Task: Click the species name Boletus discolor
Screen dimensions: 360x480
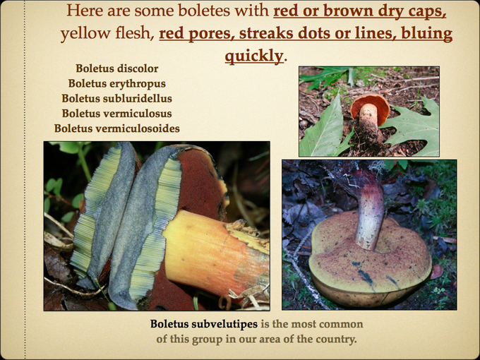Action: (116, 68)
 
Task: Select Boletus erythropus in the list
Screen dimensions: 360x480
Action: (116, 83)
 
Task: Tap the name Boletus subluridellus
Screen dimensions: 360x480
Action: (116, 98)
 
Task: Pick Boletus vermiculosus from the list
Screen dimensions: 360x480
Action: (116, 113)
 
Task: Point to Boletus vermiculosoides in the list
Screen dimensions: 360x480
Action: (116, 128)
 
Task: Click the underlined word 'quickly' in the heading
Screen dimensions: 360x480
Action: (254, 55)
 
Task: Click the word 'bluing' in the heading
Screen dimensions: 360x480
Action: (426, 34)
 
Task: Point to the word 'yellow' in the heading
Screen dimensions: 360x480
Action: (82, 34)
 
